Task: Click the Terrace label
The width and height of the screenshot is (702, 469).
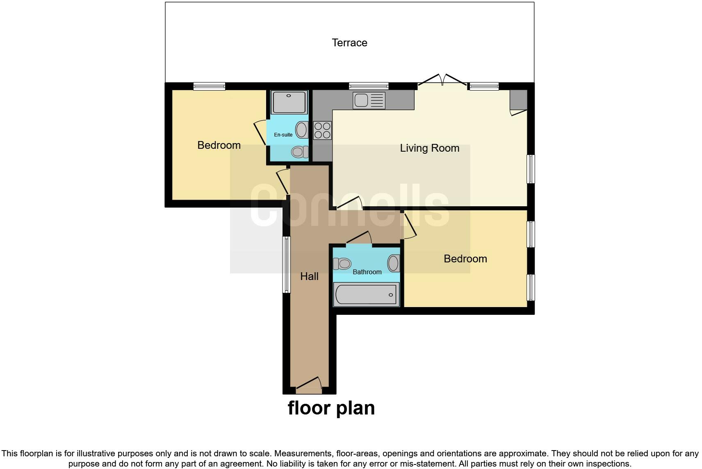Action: (349, 43)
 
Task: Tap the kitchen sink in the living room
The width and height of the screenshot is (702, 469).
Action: (369, 100)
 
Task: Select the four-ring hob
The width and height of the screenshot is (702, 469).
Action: (322, 130)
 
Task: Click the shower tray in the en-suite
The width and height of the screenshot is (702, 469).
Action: (289, 102)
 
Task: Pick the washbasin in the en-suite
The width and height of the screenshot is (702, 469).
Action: (302, 130)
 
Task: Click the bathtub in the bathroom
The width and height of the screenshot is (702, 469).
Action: (367, 295)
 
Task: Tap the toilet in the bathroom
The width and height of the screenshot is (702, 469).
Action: (342, 263)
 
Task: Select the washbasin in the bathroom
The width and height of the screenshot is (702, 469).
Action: (394, 263)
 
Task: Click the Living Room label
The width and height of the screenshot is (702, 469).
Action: (429, 148)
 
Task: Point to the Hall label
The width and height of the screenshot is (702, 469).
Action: (309, 276)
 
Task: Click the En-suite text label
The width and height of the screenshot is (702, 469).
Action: (283, 134)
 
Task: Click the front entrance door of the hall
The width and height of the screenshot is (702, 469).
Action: (309, 384)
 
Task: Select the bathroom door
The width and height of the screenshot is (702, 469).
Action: (359, 239)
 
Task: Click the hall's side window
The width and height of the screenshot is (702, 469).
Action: (286, 264)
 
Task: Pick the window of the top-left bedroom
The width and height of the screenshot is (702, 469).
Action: (209, 86)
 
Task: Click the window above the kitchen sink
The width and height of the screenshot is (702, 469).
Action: (369, 86)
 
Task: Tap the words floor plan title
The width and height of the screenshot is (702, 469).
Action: (331, 408)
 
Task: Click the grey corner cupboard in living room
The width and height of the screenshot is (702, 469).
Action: (518, 100)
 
